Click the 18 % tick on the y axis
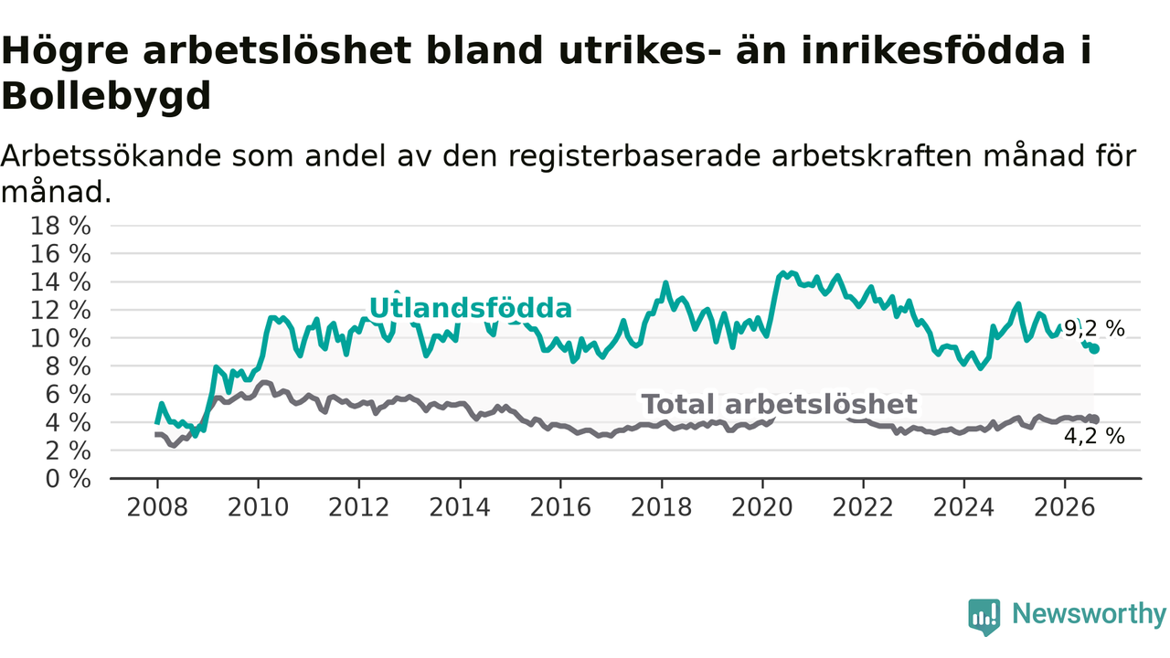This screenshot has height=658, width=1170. pos(60,227)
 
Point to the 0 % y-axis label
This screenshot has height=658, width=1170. pos(69,479)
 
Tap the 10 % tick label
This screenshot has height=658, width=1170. pos(60,339)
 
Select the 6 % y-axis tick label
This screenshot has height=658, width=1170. pos(69,395)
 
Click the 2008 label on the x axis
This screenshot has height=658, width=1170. pos(157,507)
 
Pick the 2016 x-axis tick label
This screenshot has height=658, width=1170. pos(560,507)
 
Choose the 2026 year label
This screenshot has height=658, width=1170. pos(1065,507)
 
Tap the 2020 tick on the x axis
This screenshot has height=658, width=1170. pos(762,507)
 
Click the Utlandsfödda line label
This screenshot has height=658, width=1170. pos(471,308)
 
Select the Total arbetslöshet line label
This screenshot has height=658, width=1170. pos(780,404)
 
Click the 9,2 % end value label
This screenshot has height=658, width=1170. pos(1094,329)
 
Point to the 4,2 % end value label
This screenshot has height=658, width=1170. pos(1094,436)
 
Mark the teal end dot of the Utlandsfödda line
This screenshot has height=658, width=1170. pos(1094,349)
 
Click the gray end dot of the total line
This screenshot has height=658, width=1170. pos(1094,419)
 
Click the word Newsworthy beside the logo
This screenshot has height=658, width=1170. pos(1089,613)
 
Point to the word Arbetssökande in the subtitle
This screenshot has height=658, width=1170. pos(111,156)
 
